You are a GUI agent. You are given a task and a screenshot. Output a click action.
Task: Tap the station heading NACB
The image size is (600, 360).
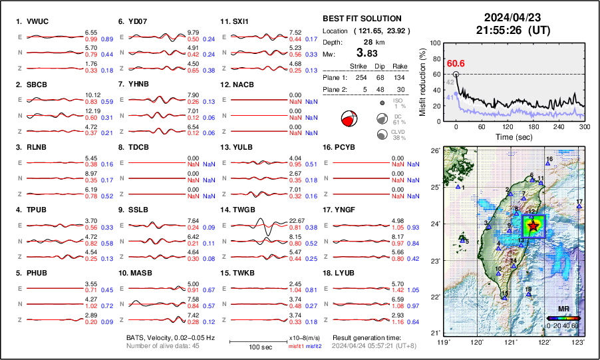click(x=241, y=85)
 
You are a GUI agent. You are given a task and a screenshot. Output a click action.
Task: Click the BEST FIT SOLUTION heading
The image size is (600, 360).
click(x=362, y=19)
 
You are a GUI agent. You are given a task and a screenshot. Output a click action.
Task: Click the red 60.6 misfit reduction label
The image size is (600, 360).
click(x=456, y=63)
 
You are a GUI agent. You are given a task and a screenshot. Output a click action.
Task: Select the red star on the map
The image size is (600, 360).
click(x=533, y=226)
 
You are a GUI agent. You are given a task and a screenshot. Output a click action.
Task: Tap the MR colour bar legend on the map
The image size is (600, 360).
click(x=563, y=319)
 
